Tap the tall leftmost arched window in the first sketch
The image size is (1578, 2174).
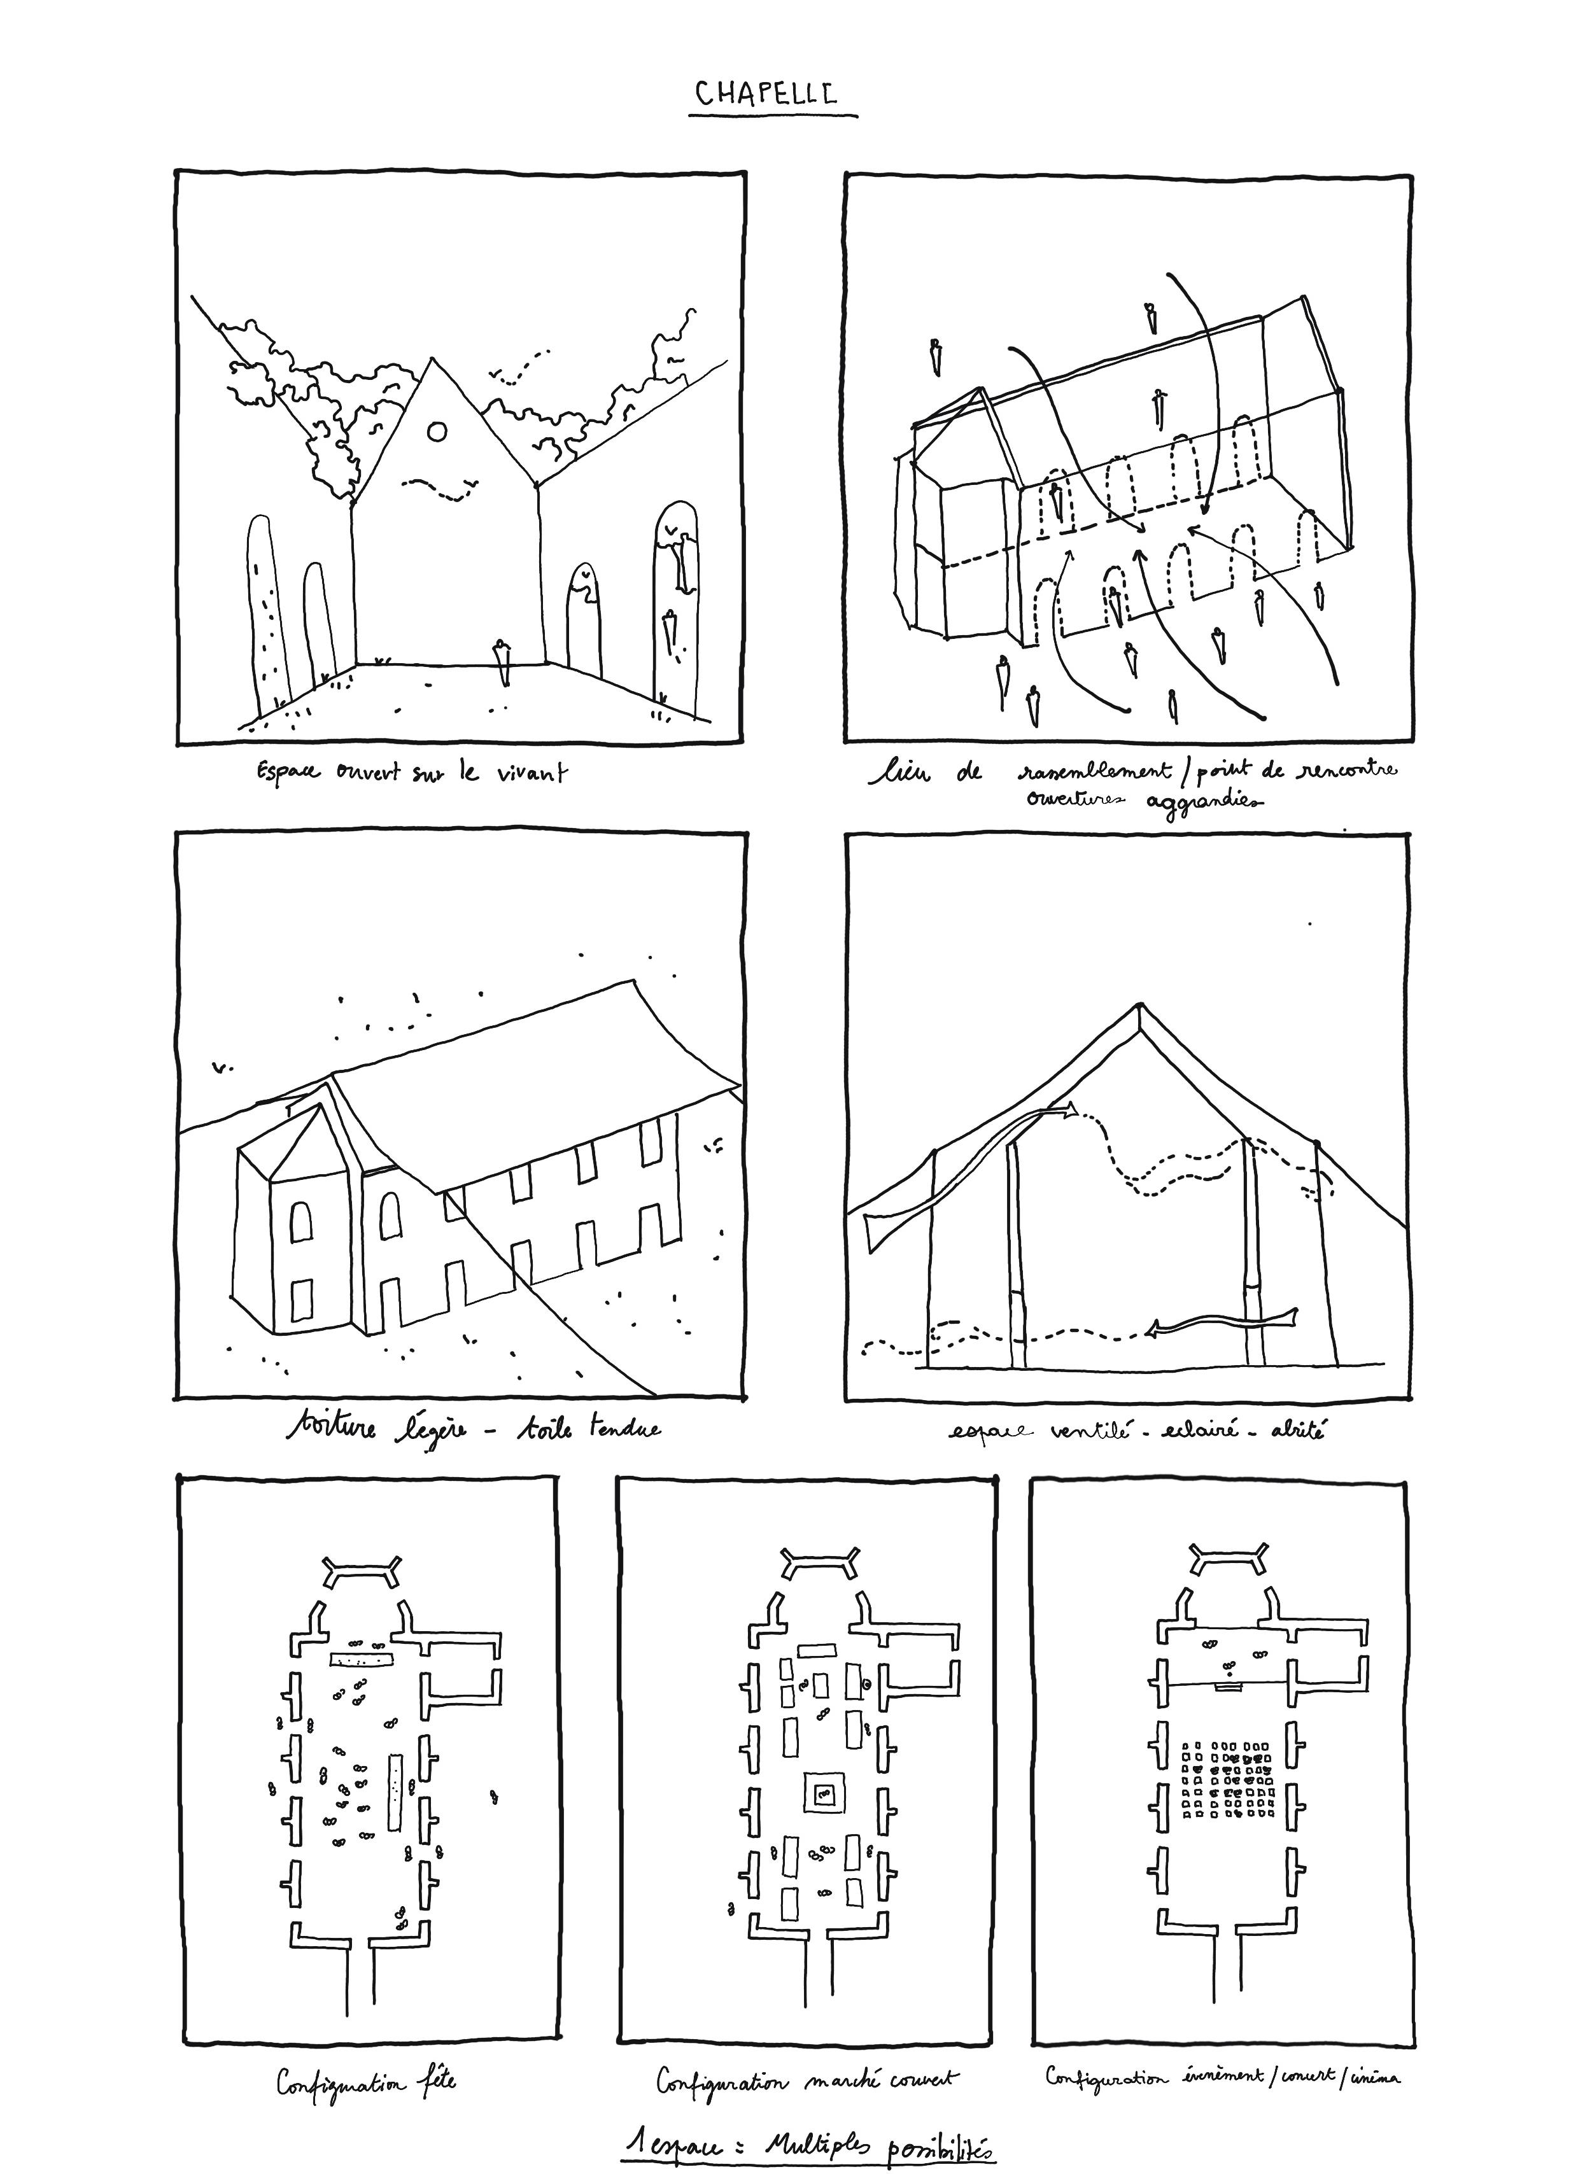click(x=265, y=614)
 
